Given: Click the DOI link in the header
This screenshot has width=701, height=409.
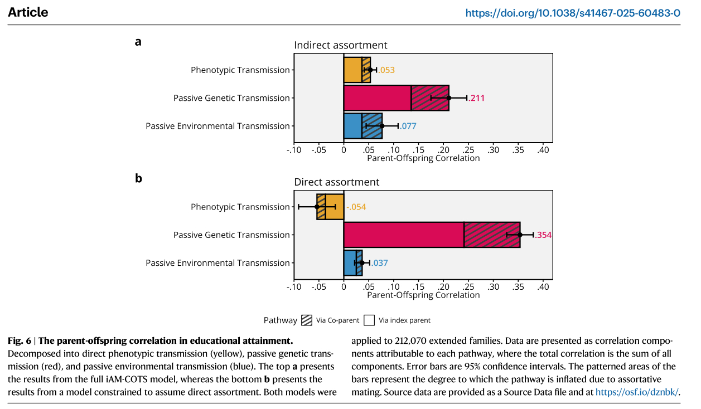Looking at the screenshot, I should pos(573,13).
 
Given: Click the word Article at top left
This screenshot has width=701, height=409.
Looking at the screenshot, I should pos(28,12).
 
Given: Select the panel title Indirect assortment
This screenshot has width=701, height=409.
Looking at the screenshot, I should pos(340,45).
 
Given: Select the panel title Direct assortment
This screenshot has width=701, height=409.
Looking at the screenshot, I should pos(336,182).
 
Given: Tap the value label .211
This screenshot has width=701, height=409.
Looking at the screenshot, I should pos(477,98).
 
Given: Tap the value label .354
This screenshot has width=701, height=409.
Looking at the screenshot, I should pos(543,235).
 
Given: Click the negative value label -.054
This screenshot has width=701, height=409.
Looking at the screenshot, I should pos(356,207).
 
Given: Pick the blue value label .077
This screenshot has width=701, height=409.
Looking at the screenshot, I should pos(408,126).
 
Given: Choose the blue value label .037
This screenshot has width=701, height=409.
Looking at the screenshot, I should pos(380,263).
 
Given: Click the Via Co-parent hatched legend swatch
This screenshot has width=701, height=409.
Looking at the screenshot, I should pos(307,320).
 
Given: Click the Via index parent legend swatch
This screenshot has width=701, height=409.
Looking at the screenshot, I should pos(369,320).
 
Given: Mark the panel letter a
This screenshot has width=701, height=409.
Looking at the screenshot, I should pos(138,41).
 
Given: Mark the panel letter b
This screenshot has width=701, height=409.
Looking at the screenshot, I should pos(139,178).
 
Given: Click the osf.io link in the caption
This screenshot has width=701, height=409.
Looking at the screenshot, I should pos(637,392).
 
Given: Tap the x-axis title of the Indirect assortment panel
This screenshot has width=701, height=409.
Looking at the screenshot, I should pos(423,158).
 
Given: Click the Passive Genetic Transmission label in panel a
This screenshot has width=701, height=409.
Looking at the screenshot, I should pos(231,98).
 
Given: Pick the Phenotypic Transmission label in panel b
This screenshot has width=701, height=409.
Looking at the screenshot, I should pos(240,207).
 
